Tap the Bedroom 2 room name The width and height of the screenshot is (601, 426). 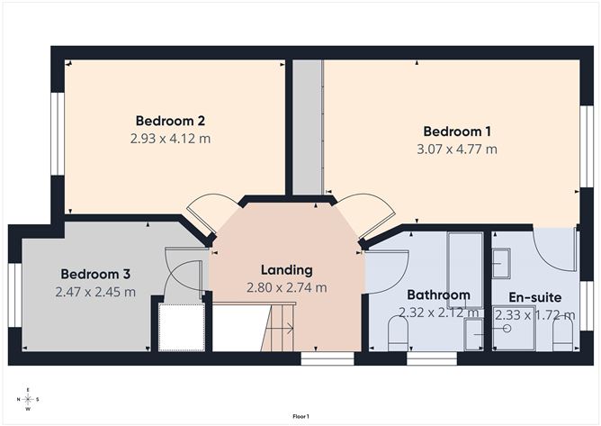coord(172,121)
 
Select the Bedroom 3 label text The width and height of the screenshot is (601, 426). coord(97,274)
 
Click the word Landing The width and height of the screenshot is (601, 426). coord(286,269)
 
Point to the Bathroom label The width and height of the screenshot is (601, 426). coord(438,295)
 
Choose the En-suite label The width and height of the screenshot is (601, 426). coord(534,296)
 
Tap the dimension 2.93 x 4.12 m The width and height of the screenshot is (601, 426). coord(172,139)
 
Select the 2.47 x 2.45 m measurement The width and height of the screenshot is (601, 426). coord(97,292)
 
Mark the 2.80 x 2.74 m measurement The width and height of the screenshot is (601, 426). coord(286,287)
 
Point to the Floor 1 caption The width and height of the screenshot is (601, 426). coord(300,416)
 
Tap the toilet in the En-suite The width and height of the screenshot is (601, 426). coord(563,335)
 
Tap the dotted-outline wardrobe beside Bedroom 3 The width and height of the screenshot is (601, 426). coord(183,327)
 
